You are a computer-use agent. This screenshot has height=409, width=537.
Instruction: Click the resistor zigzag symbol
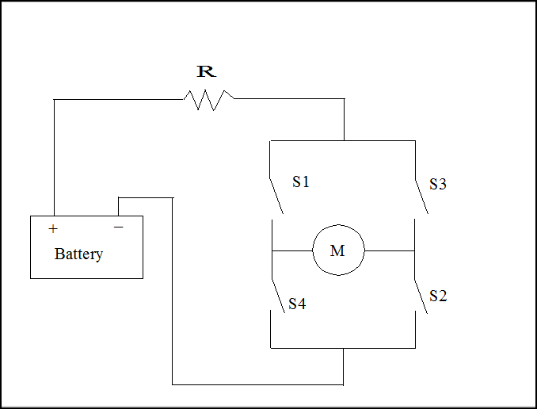click(209, 100)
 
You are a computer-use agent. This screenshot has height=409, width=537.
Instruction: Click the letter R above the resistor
click(206, 72)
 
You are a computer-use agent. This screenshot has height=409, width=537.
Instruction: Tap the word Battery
click(78, 254)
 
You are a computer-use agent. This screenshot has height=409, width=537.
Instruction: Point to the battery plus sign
click(53, 229)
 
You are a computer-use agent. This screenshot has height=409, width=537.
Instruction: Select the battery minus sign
click(119, 227)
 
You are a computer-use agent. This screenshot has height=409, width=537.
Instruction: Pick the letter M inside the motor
click(337, 251)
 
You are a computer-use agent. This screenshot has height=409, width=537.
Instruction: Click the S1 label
click(301, 182)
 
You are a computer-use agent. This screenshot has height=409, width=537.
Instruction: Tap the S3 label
click(438, 184)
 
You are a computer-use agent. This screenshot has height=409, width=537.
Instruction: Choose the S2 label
click(438, 296)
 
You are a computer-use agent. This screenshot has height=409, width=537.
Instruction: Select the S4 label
click(297, 304)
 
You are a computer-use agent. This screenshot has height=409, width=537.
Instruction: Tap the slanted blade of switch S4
click(277, 296)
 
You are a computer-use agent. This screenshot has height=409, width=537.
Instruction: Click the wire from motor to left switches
click(291, 250)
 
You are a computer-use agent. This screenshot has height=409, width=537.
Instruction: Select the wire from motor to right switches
click(390, 250)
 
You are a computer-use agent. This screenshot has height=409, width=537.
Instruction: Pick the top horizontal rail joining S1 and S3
click(342, 141)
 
